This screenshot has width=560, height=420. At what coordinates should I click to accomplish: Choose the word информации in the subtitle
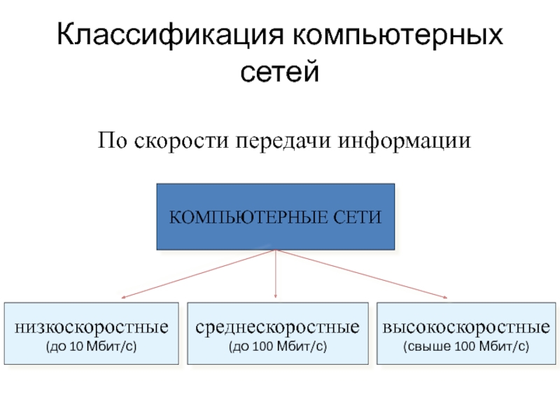(406, 141)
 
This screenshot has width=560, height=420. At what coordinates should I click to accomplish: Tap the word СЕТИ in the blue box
(361, 218)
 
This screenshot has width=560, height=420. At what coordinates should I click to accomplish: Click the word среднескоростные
(277, 327)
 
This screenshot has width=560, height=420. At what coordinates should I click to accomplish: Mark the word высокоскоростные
(466, 327)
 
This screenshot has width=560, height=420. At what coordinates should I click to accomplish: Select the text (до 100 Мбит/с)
(277, 346)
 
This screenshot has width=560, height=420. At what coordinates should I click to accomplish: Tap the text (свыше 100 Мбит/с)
(466, 346)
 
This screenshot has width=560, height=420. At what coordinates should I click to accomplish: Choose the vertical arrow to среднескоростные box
(276, 276)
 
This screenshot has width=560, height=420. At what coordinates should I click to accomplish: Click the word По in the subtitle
(111, 141)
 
